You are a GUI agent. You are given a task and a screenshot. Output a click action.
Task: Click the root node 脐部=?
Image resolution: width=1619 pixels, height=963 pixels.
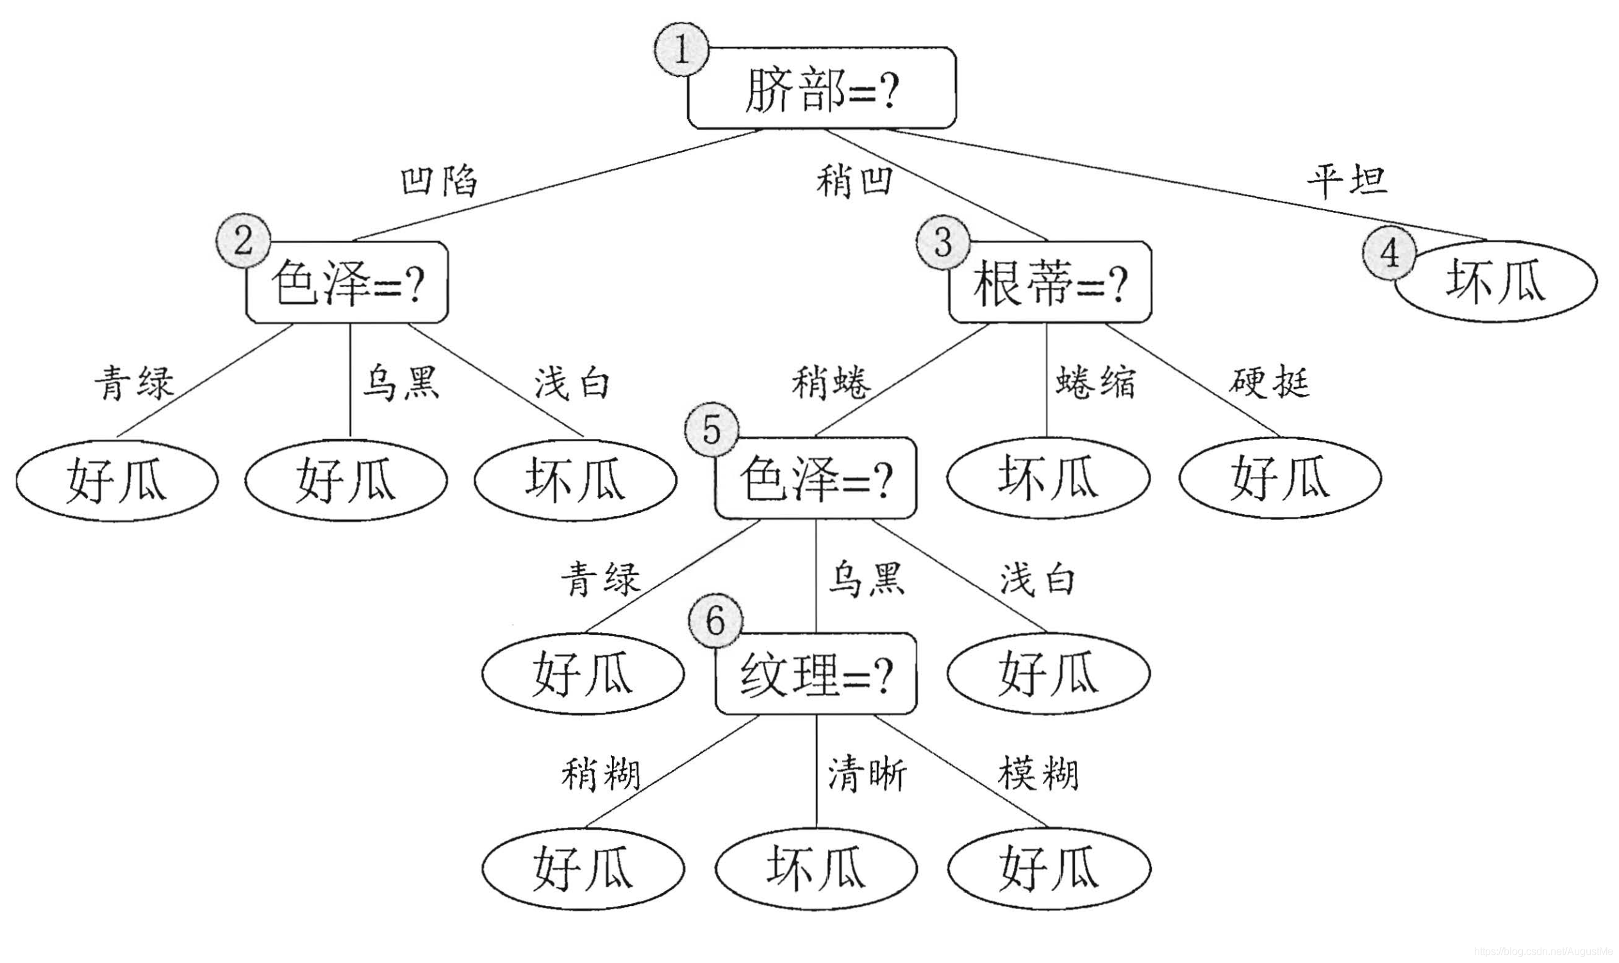(822, 88)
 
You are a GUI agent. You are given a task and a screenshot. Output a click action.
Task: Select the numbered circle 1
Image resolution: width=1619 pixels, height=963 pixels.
(681, 49)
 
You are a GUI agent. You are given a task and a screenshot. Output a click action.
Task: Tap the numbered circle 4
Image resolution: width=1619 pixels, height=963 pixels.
(1389, 253)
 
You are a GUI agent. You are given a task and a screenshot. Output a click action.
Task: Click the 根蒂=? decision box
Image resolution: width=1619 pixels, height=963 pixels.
(1050, 282)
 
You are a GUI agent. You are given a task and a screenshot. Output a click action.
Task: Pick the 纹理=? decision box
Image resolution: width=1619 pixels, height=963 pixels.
(816, 674)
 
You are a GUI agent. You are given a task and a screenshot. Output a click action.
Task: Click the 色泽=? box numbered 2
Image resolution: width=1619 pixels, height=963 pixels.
(347, 282)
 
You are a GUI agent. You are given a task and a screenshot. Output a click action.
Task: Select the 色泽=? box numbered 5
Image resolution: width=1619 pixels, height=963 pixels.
(816, 478)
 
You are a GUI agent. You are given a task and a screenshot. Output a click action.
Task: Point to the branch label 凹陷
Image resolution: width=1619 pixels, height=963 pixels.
(439, 181)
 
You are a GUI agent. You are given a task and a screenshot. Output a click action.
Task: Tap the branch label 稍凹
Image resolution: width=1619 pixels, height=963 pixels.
(854, 181)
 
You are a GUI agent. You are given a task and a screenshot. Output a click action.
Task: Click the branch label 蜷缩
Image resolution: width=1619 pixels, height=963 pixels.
(1095, 382)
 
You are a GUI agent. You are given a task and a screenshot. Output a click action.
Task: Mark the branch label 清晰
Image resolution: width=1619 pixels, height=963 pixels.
(867, 774)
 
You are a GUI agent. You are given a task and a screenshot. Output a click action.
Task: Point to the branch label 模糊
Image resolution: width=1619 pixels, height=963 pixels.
(1038, 774)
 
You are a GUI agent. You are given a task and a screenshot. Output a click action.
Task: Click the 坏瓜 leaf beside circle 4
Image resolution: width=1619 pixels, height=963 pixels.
(1496, 281)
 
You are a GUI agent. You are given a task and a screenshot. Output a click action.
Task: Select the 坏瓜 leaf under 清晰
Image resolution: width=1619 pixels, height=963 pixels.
(816, 867)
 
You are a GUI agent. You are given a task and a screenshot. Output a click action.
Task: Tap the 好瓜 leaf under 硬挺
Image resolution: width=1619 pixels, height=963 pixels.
(1280, 478)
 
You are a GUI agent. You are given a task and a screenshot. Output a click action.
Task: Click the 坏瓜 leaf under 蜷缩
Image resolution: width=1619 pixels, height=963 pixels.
(1048, 478)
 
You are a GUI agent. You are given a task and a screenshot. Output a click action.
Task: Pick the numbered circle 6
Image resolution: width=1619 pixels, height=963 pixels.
(715, 621)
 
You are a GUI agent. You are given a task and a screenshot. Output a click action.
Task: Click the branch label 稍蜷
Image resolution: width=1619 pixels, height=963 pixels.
(831, 382)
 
